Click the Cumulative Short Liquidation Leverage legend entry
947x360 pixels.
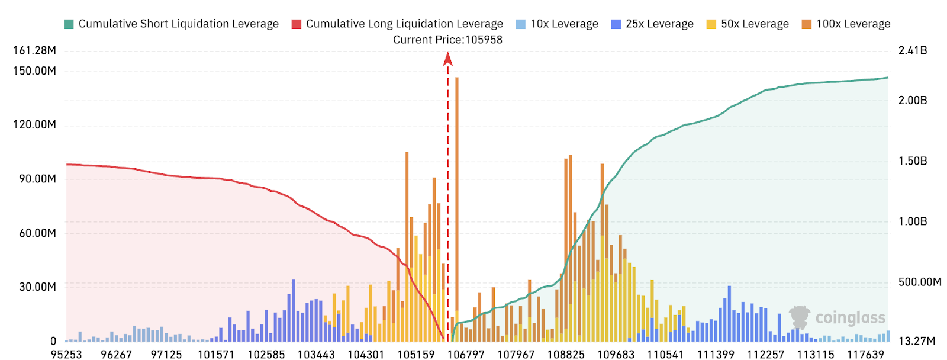(x=172, y=24)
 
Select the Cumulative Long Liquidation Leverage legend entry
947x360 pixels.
(x=397, y=24)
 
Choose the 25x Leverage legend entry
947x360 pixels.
(x=652, y=24)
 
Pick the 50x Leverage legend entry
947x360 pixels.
(x=748, y=24)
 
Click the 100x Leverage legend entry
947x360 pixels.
(x=846, y=24)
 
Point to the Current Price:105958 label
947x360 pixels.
(x=447, y=40)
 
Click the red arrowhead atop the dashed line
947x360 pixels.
(x=448, y=58)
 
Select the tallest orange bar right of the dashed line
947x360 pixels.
(x=457, y=195)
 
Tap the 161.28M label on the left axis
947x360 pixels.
(x=34, y=50)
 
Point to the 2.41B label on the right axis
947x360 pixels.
(x=913, y=50)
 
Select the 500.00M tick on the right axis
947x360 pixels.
(x=920, y=282)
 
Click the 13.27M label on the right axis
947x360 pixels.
(x=917, y=341)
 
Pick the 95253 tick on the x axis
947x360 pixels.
(x=66, y=354)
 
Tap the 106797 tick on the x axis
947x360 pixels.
(x=466, y=354)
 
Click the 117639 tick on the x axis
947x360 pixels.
(x=865, y=354)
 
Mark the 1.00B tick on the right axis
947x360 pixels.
(x=913, y=221)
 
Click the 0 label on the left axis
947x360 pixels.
(x=53, y=341)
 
